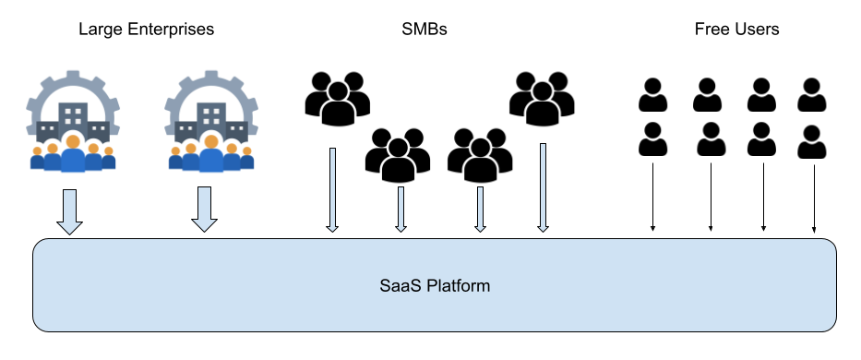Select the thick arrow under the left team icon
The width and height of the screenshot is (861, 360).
click(x=69, y=211)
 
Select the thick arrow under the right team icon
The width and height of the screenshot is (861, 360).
click(x=205, y=209)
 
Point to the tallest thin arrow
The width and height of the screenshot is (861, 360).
click(x=543, y=186)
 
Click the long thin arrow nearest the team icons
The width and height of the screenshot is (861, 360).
click(x=332, y=189)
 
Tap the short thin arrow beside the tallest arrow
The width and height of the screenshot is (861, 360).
click(x=480, y=209)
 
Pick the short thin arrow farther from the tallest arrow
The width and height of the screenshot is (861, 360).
click(x=401, y=209)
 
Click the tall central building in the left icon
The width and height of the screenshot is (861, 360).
click(x=73, y=118)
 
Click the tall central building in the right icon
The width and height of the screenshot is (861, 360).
click(x=211, y=118)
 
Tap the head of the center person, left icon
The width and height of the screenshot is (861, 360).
click(x=72, y=141)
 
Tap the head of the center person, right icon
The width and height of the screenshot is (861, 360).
click(x=211, y=141)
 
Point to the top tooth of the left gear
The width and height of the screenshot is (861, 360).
click(x=73, y=74)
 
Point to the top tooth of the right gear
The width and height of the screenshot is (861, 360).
click(x=211, y=74)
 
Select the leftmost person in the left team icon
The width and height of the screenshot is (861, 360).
click(x=37, y=159)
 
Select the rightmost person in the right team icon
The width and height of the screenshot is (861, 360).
click(x=246, y=159)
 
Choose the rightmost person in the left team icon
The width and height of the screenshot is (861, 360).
click(x=108, y=159)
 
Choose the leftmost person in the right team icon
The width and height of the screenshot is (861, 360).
click(x=175, y=159)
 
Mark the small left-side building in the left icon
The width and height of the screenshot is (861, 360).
click(x=47, y=130)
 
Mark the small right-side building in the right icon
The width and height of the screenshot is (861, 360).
click(x=237, y=130)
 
